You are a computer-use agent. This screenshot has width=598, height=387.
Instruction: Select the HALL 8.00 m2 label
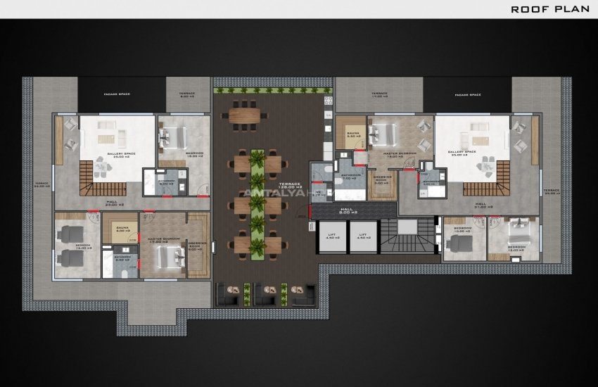coord(346,210)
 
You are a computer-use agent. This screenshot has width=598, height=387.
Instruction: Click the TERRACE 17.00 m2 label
coord(380,94)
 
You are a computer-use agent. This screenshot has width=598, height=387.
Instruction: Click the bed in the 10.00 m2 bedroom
coord(461,243)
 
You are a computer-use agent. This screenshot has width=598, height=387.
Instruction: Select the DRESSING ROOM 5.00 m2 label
coord(382,179)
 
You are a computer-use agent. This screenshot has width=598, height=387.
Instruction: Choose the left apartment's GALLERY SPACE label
coord(121,154)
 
